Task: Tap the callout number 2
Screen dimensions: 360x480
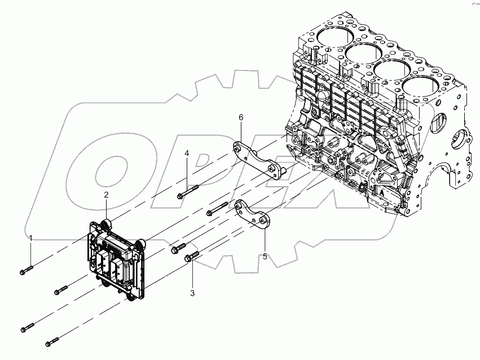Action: coord(105,195)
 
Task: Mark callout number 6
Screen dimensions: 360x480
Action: coord(241,117)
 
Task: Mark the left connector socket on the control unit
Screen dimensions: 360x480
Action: coord(104,262)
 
